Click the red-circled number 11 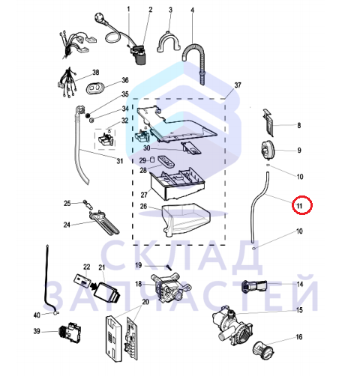click(x=299, y=206)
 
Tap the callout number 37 click(x=238, y=85)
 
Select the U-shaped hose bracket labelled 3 click(x=169, y=42)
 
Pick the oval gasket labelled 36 click(x=94, y=88)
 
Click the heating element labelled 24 click(x=104, y=222)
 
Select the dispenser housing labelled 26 click(x=185, y=219)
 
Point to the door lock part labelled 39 click(x=70, y=332)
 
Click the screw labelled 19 click(x=169, y=267)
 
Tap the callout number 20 click(x=145, y=302)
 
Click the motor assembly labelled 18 click(x=170, y=287)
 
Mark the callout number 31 click(x=120, y=161)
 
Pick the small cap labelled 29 click(x=152, y=160)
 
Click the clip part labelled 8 click(x=268, y=123)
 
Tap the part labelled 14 click(x=254, y=286)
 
